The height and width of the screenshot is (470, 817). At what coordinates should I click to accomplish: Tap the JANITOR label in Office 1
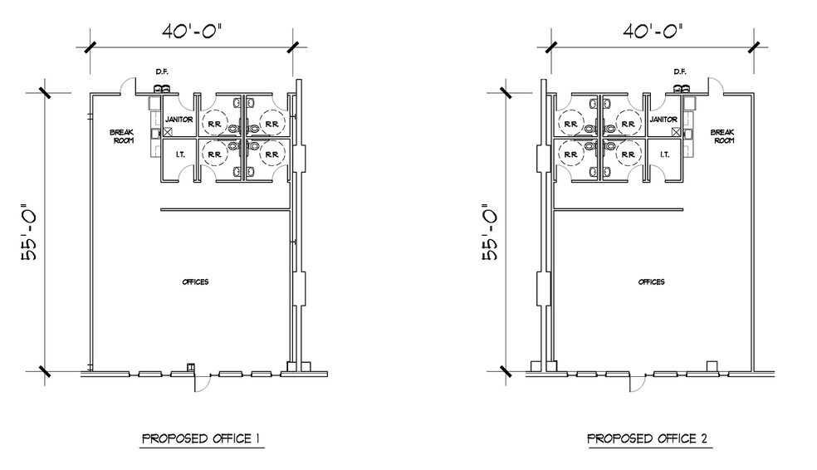tap(179, 120)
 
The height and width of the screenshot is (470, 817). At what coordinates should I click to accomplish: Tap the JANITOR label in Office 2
tap(664, 120)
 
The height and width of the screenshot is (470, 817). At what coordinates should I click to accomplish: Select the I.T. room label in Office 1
tap(179, 154)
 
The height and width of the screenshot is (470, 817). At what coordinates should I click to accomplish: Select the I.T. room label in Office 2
tap(664, 154)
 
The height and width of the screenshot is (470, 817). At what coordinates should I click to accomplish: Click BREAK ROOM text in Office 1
tap(122, 136)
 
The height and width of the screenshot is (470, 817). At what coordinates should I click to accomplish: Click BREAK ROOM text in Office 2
tap(723, 136)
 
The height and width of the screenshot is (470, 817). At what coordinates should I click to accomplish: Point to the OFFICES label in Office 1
tap(195, 282)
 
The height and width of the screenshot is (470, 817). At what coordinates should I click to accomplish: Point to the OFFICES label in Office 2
tap(651, 282)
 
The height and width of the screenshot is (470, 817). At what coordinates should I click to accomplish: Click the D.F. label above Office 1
tap(162, 72)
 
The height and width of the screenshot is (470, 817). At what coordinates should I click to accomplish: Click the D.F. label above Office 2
tap(679, 72)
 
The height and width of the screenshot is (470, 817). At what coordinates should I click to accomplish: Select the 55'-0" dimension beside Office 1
tap(30, 233)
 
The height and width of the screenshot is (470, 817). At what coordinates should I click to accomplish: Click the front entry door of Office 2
tap(637, 382)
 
